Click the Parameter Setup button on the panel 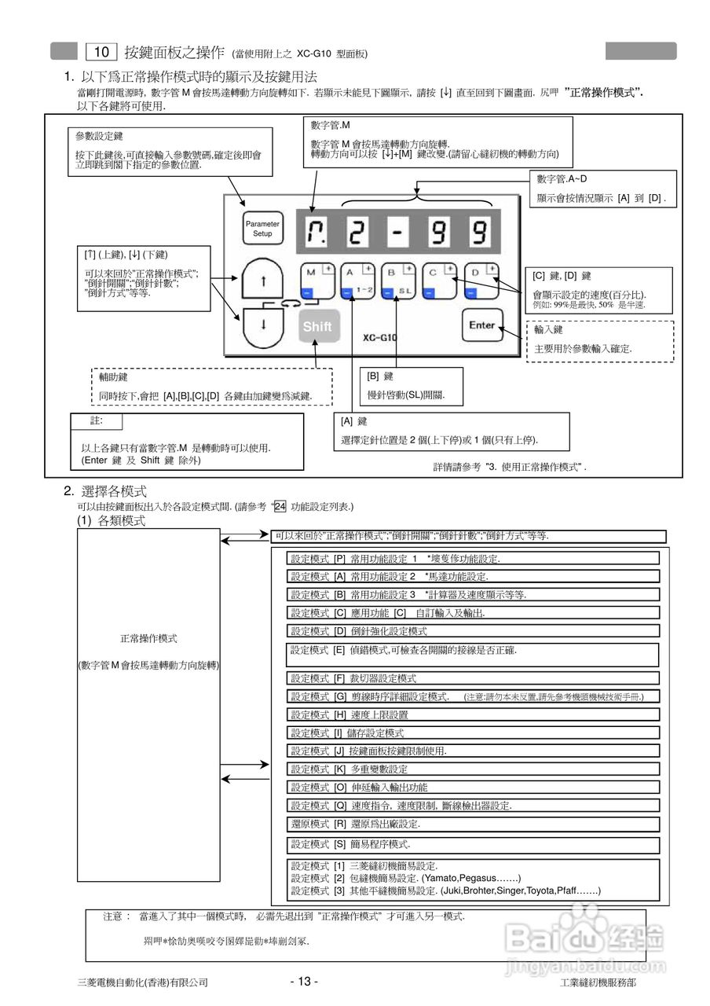tap(262, 229)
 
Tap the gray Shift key tap(317, 326)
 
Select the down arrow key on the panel tap(263, 323)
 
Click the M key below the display tap(317, 281)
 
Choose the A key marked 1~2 tap(358, 281)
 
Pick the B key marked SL tap(399, 281)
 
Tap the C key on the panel tap(440, 281)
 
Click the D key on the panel tap(481, 281)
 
